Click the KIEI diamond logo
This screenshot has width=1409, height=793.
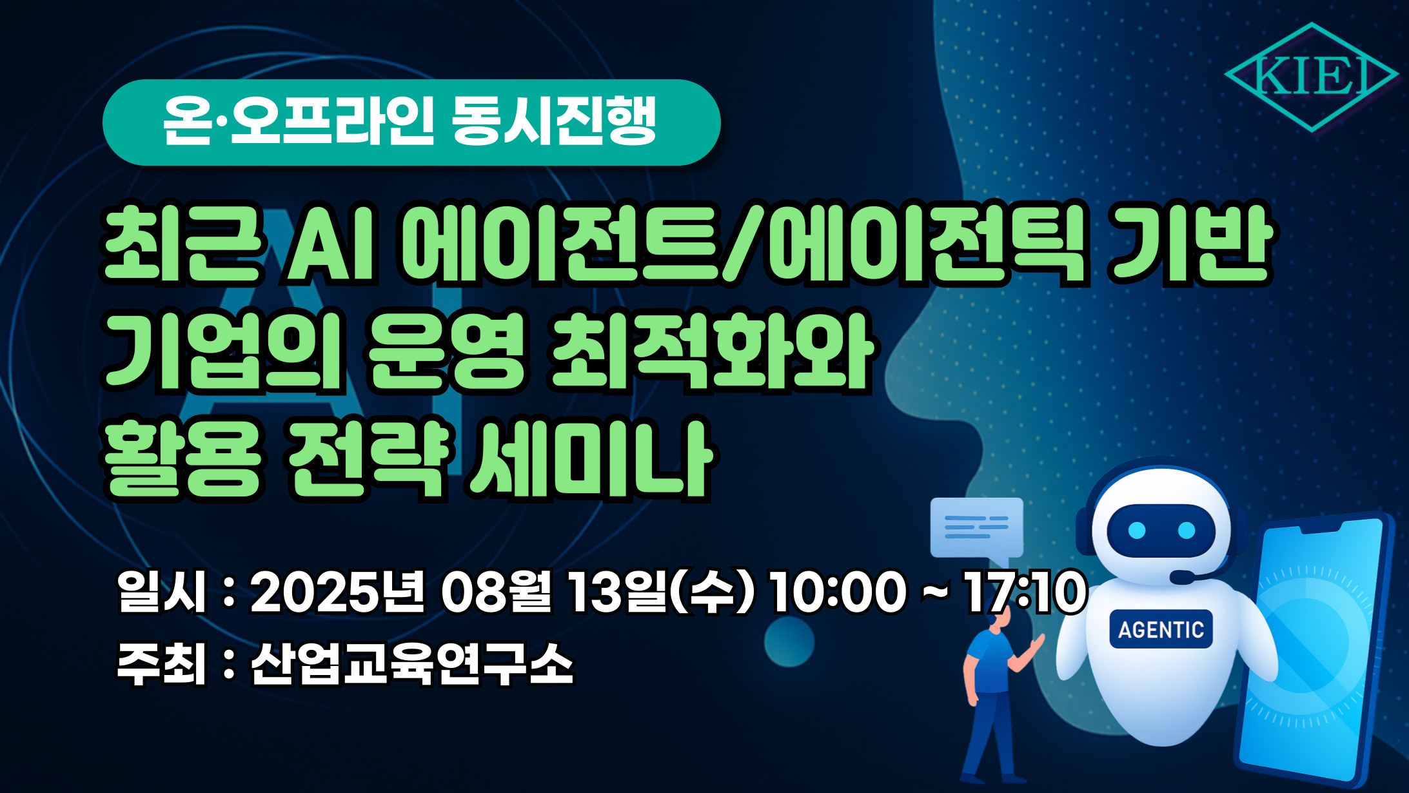pyautogui.click(x=1311, y=77)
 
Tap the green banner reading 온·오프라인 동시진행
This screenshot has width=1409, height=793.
pyautogui.click(x=411, y=122)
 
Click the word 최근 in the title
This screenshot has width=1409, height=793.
pyautogui.click(x=184, y=245)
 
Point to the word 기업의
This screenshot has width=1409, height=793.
pyautogui.click(x=223, y=351)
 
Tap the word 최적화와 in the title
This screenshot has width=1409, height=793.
pyautogui.click(x=710, y=351)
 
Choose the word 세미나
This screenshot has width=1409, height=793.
pyautogui.click(x=591, y=458)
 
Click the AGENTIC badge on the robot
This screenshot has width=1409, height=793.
pyautogui.click(x=1161, y=629)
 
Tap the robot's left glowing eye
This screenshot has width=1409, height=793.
pyautogui.click(x=1137, y=531)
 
